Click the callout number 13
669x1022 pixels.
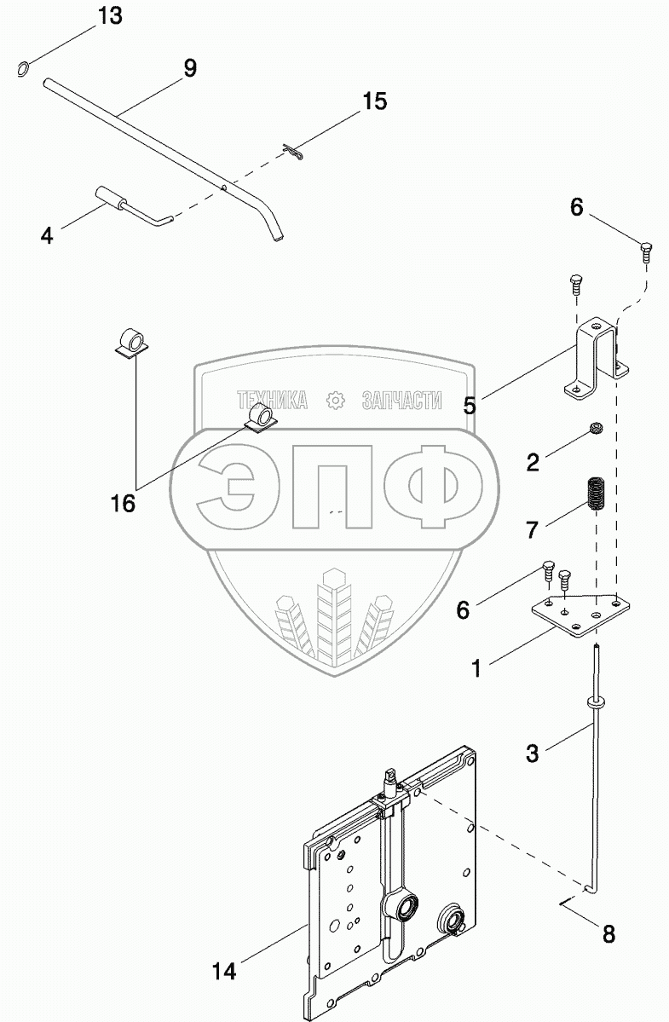[110, 16]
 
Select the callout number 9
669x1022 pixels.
[189, 68]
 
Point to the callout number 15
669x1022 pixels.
[375, 101]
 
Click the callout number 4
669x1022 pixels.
[46, 235]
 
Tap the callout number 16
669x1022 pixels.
[123, 503]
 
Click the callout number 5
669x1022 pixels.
[469, 406]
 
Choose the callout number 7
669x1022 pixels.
[532, 530]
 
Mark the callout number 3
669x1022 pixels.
[532, 754]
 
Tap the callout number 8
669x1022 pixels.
[608, 934]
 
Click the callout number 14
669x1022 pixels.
[224, 972]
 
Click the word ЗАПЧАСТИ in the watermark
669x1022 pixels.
[401, 401]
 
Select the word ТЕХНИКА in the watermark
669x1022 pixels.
[273, 401]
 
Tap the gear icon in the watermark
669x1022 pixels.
[335, 401]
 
